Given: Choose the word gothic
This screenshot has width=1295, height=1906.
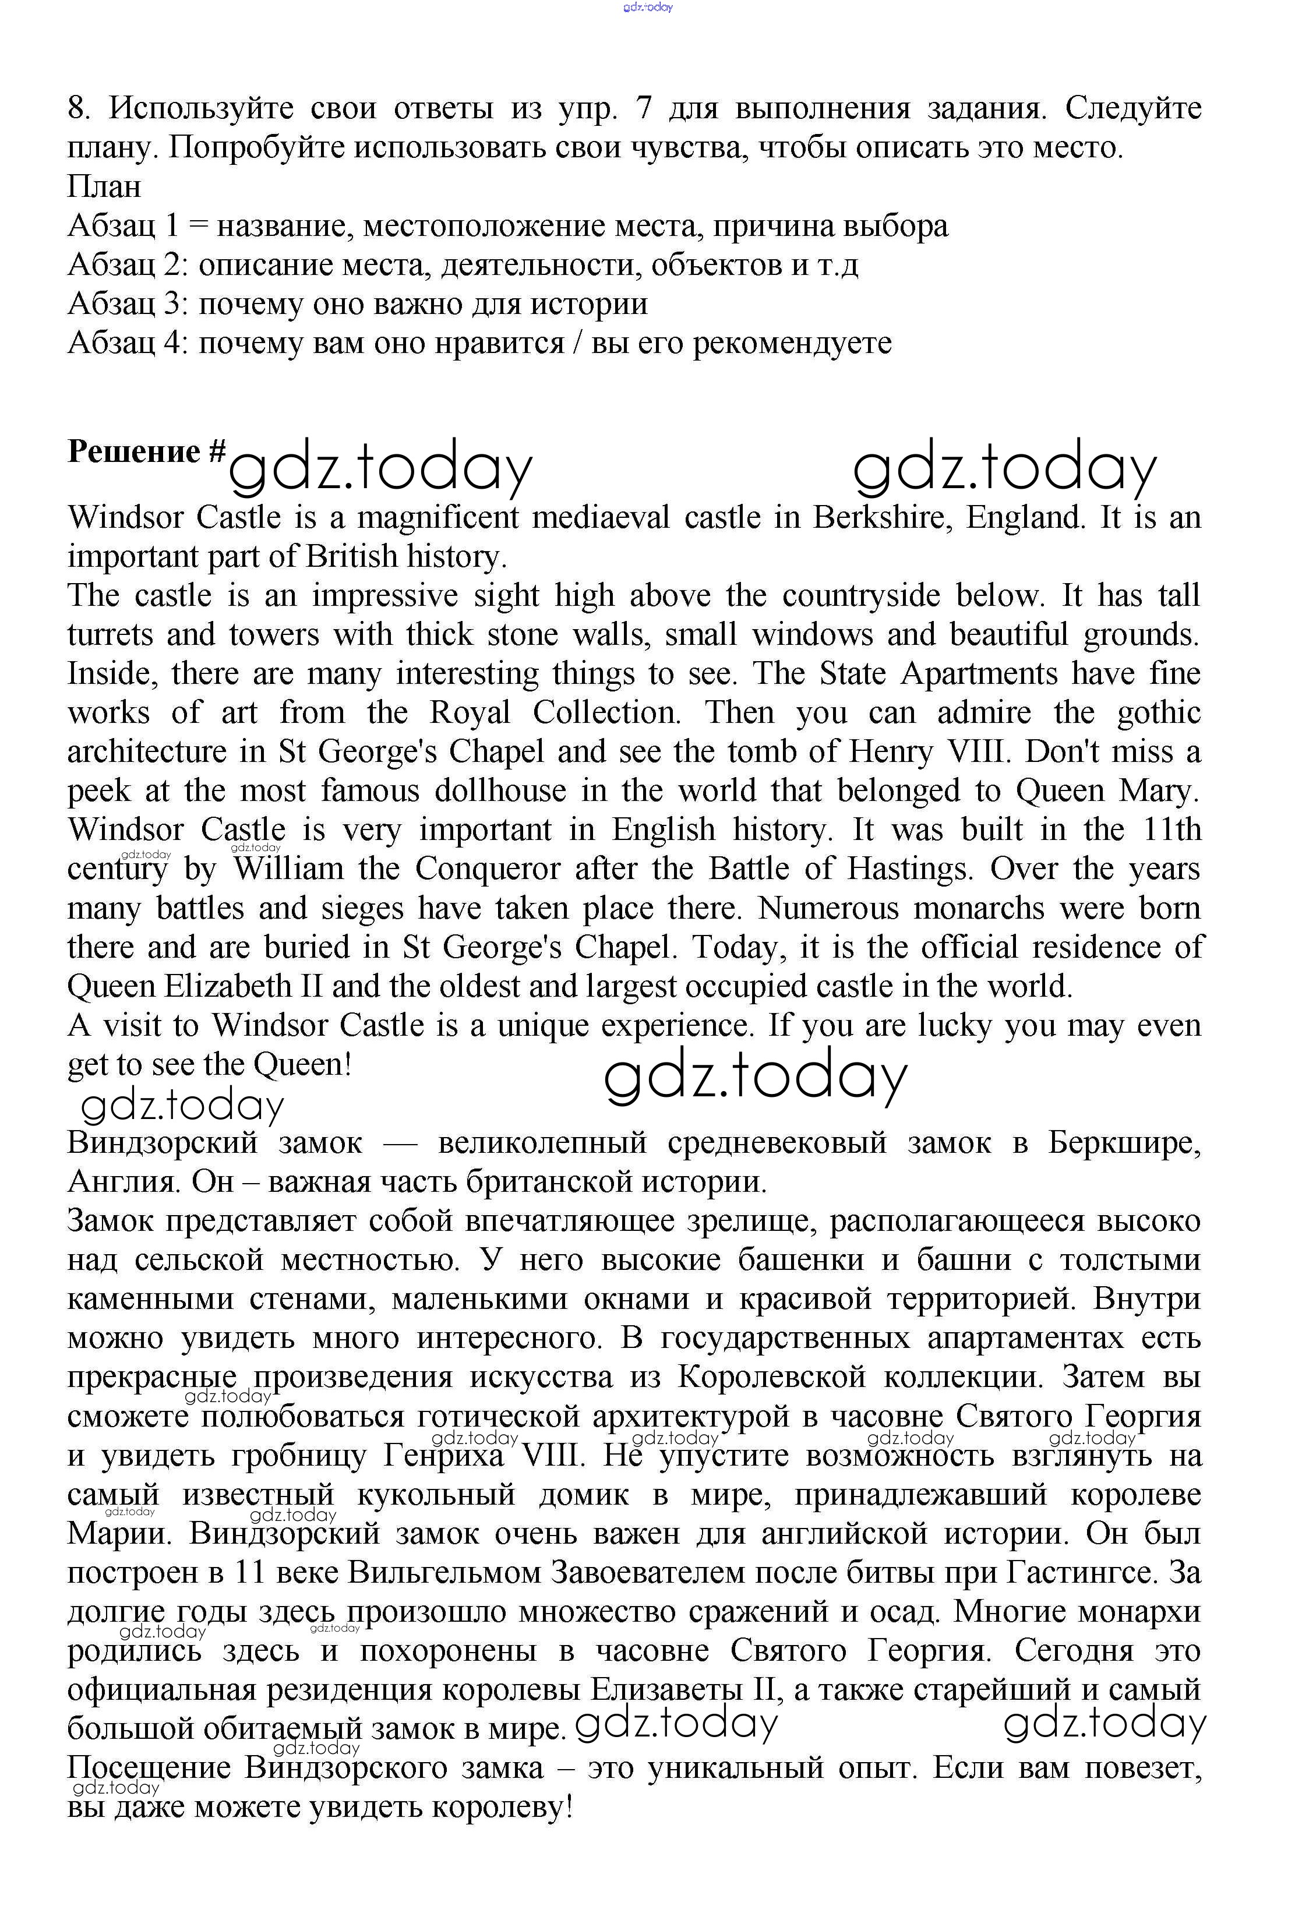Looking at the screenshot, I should coord(1159,712).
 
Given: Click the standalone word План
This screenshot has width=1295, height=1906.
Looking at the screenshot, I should coord(104,186).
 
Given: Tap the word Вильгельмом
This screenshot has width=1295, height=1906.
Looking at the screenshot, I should coord(444,1573).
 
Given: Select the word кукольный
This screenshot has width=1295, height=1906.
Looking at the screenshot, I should coord(436,1495).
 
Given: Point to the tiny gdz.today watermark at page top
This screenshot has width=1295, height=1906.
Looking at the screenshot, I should coord(647,8).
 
